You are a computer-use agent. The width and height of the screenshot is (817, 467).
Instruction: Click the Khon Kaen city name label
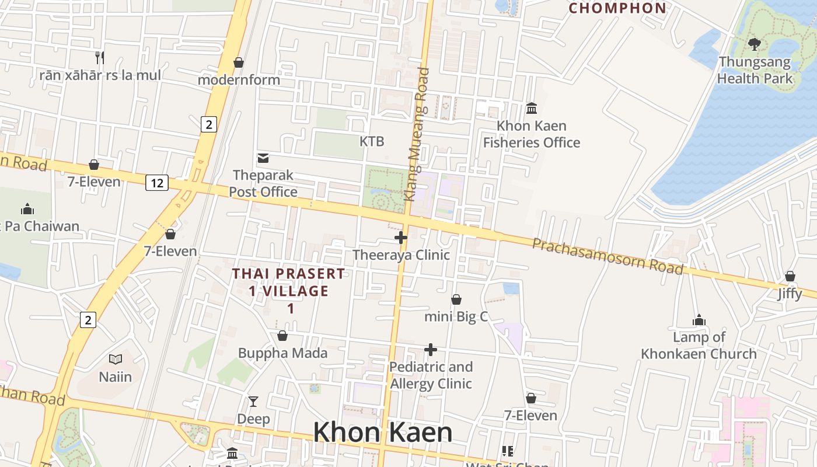[x=382, y=433]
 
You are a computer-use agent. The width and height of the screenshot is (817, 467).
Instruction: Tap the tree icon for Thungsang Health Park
[x=755, y=44]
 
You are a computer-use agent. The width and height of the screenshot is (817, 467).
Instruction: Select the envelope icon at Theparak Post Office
[x=263, y=158]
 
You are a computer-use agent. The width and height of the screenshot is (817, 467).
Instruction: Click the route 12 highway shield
[x=157, y=183]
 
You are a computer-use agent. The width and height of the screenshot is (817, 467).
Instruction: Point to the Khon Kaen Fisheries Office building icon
[x=532, y=109]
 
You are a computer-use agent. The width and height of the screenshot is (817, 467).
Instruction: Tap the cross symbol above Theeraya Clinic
[x=401, y=238]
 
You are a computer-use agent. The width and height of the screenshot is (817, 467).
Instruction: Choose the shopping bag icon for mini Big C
[x=456, y=299]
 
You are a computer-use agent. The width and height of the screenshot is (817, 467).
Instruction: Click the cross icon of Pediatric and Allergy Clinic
[x=431, y=350]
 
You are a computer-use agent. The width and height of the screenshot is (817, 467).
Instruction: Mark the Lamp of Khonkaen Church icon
[x=699, y=320]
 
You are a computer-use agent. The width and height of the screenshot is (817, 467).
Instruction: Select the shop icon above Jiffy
[x=790, y=276]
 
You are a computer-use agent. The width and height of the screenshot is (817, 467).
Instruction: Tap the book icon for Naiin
[x=115, y=360]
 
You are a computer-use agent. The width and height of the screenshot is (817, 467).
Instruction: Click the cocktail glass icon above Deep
[x=253, y=402]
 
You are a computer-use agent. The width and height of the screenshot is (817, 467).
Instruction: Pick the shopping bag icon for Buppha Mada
[x=282, y=336]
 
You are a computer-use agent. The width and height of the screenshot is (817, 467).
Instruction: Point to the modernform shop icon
[x=239, y=62]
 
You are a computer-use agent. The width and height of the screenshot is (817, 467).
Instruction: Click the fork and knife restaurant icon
[x=100, y=57]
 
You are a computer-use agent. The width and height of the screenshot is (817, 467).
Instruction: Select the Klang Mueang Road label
[x=418, y=134]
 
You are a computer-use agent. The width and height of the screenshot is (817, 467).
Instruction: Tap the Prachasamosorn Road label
[x=607, y=255]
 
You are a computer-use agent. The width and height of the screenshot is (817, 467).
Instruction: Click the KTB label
[x=372, y=141]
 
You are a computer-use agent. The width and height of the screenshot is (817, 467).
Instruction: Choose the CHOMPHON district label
[x=617, y=8]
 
